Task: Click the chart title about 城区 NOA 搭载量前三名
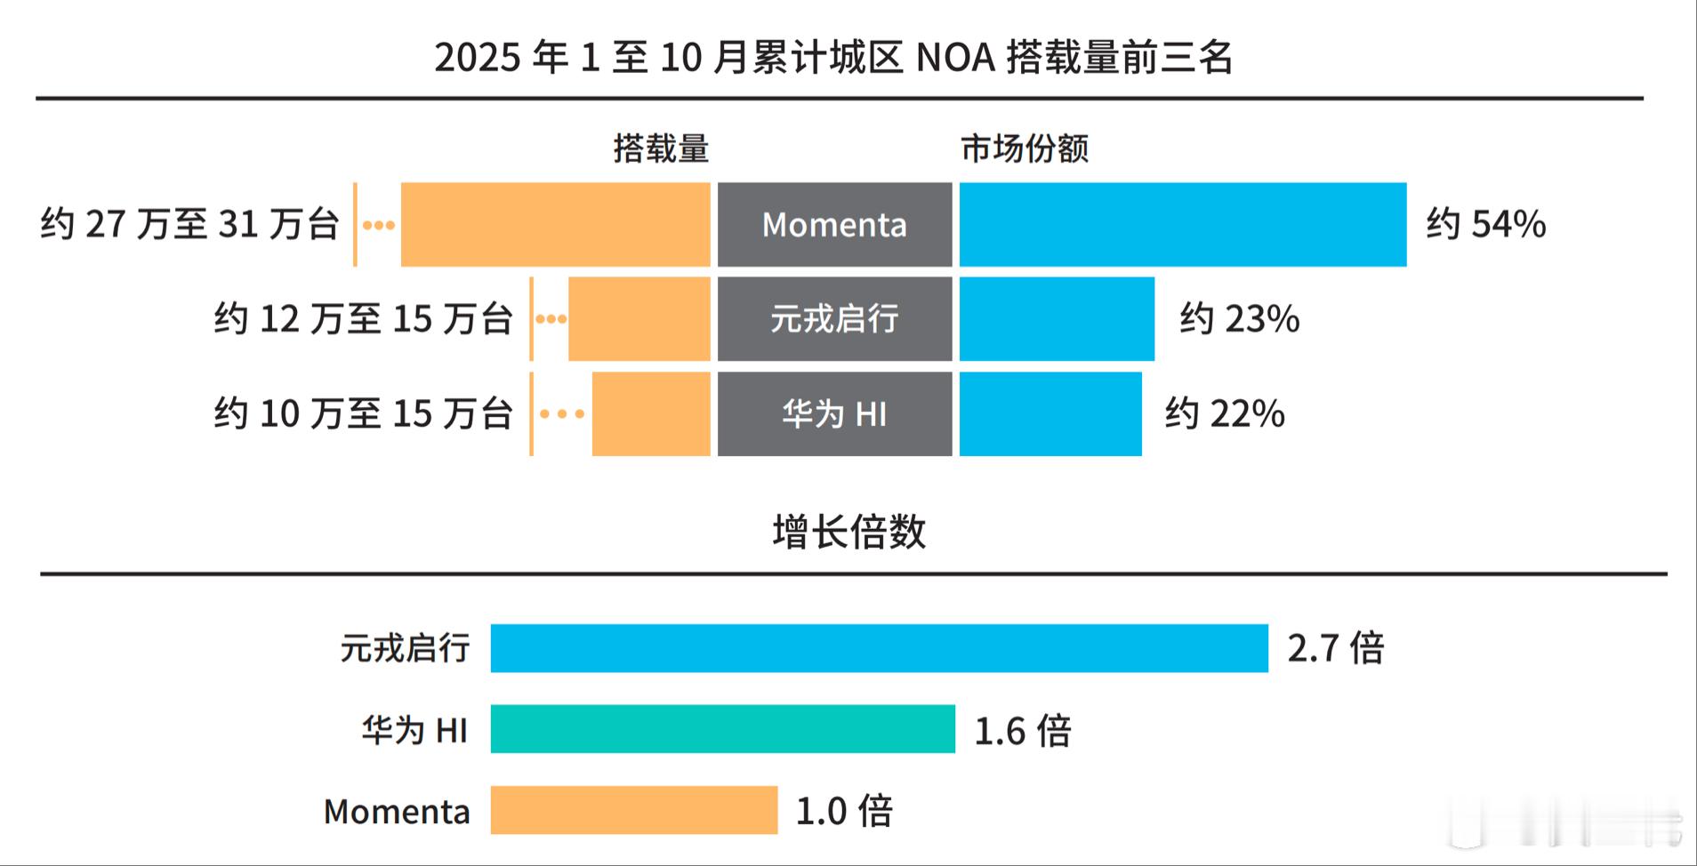click(833, 58)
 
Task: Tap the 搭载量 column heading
click(661, 148)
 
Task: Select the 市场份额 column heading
click(1025, 148)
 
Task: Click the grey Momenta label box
click(834, 225)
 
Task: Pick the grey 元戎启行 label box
click(834, 319)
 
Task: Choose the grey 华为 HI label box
click(834, 414)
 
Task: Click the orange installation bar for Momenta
click(555, 225)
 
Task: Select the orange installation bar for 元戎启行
click(639, 319)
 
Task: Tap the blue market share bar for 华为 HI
click(1050, 414)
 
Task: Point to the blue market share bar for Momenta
click(1183, 225)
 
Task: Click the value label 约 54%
click(1486, 224)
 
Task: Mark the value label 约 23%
click(1240, 319)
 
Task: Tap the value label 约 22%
click(1225, 414)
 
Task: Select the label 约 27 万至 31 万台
click(189, 224)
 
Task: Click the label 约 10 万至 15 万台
click(363, 414)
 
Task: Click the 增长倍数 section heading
click(848, 533)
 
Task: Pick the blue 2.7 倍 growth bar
click(879, 648)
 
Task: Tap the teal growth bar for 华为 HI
click(722, 729)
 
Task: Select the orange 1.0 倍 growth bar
click(633, 810)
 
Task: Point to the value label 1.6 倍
click(1023, 731)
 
